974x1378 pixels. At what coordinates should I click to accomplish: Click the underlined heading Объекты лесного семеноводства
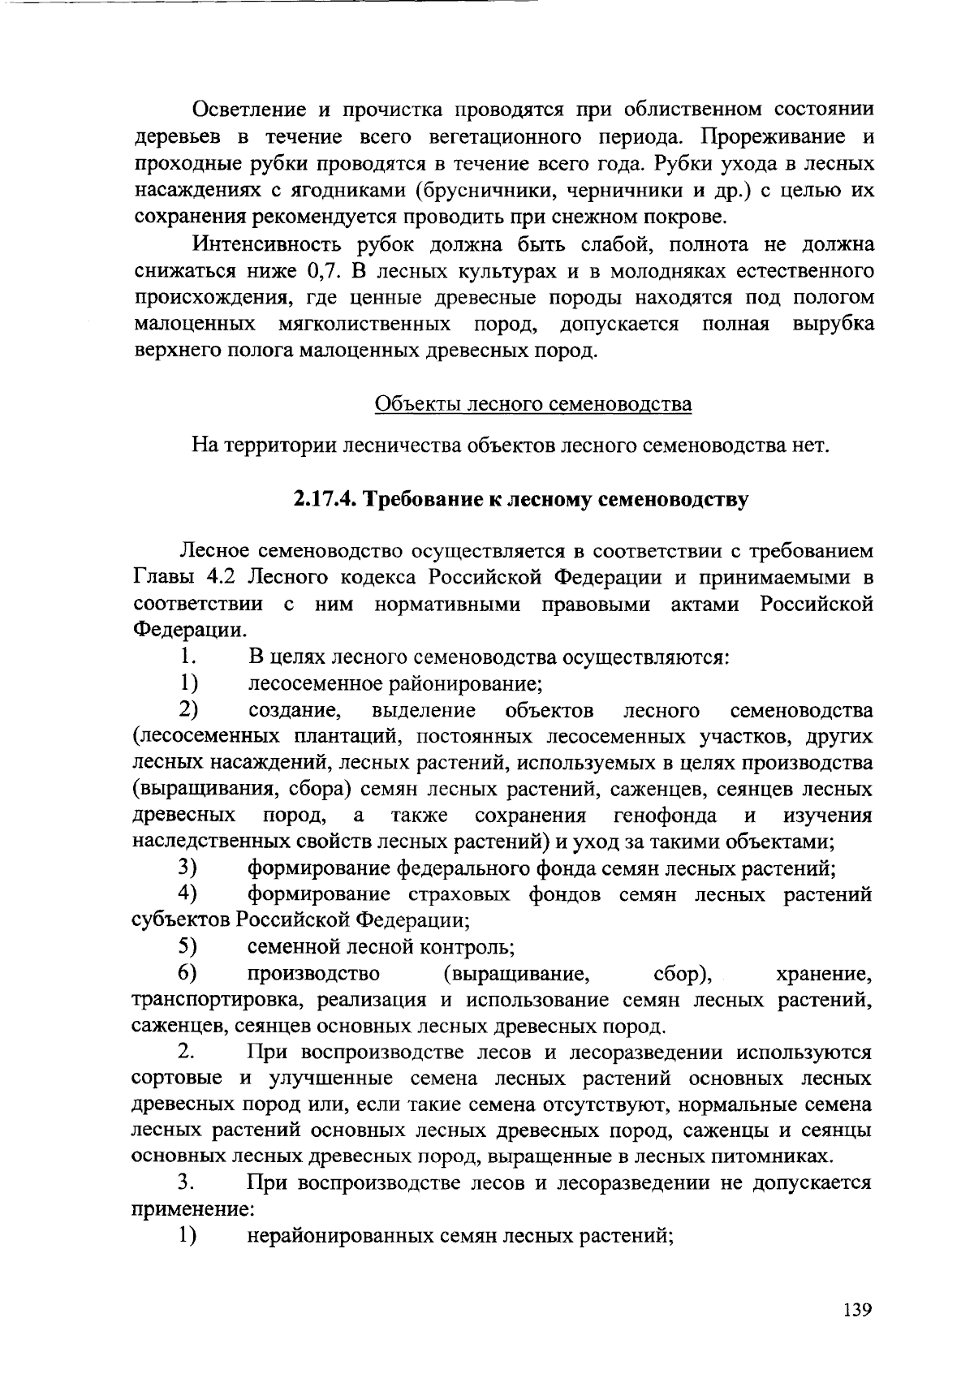pyautogui.click(x=532, y=404)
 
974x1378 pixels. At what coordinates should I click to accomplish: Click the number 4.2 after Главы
pyautogui.click(x=224, y=578)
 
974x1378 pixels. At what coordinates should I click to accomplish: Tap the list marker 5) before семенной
pyautogui.click(x=188, y=946)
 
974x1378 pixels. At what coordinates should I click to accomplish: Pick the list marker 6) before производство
pyautogui.click(x=188, y=972)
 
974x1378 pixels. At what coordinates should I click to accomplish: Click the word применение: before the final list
pyautogui.click(x=193, y=1209)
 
